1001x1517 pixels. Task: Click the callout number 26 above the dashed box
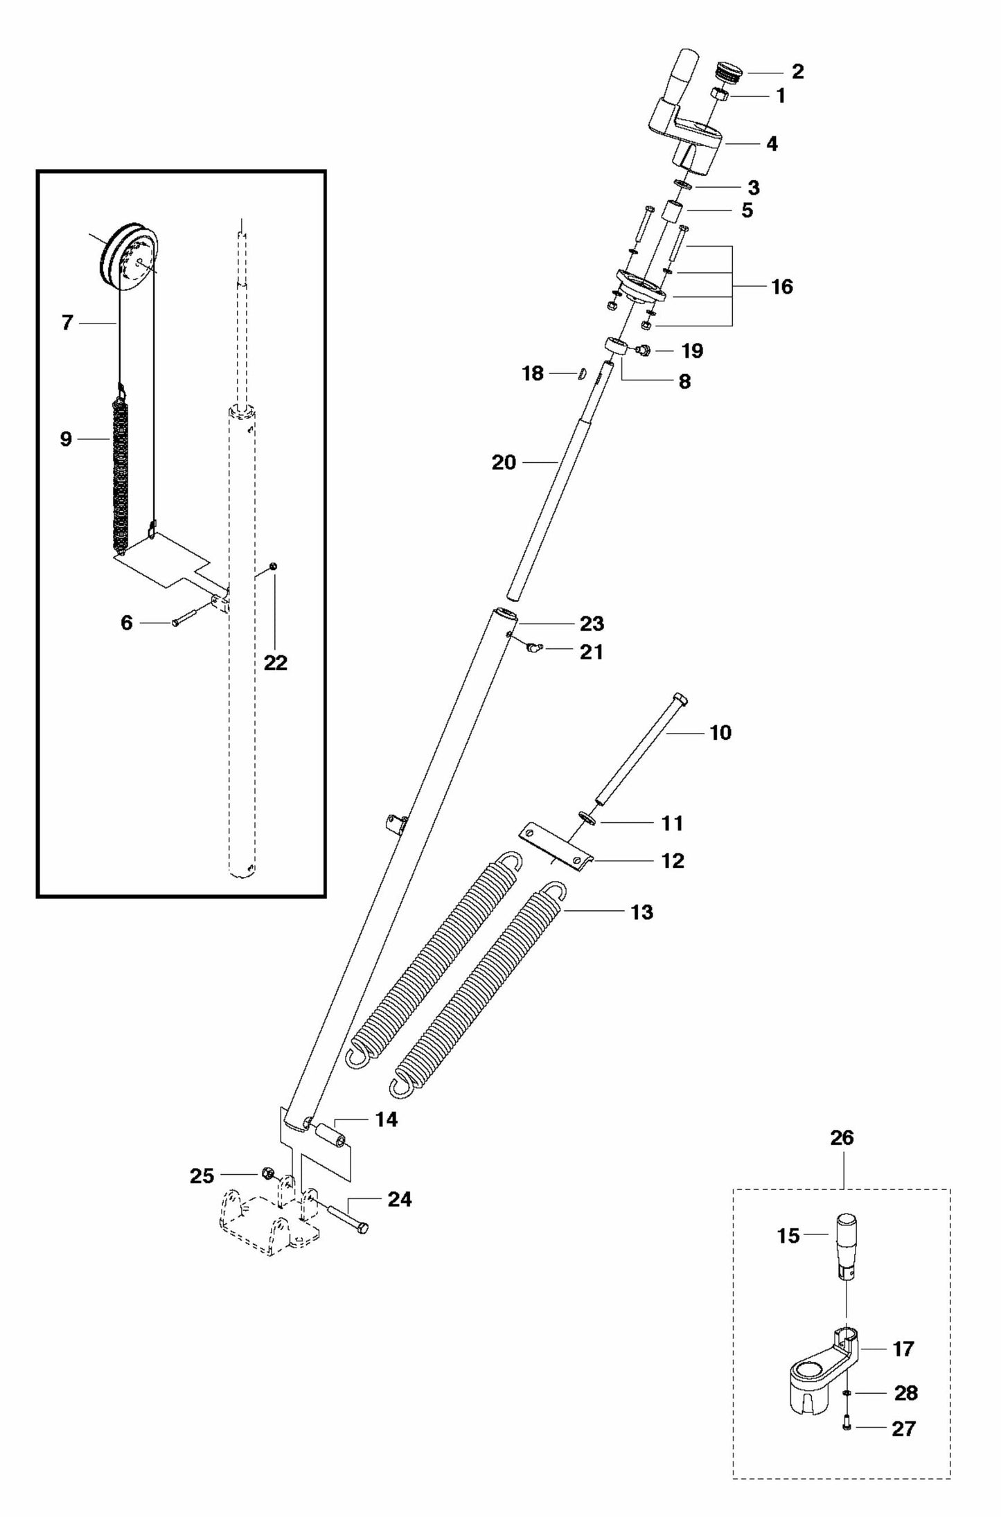coord(842,1137)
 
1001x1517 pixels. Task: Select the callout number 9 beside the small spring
coord(66,438)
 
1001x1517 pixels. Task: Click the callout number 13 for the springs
coord(641,912)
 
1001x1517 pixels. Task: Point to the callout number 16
coord(781,286)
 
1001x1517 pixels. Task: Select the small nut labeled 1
coord(719,95)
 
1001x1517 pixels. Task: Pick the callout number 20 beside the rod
coord(504,462)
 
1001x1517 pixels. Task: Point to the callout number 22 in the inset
coord(275,663)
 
